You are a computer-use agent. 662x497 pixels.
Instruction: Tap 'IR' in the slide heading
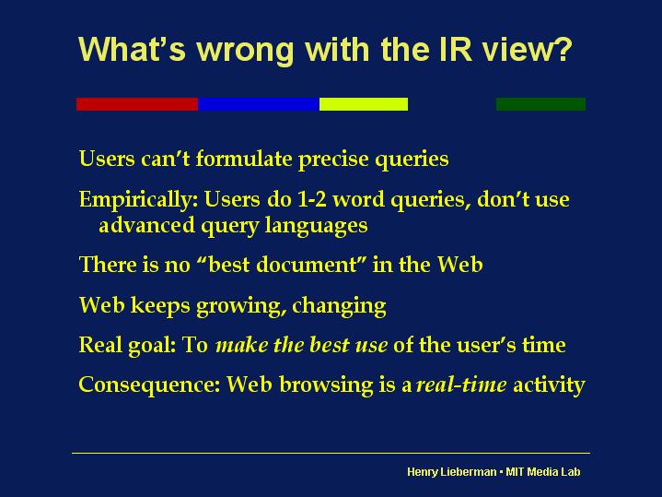pyautogui.click(x=455, y=49)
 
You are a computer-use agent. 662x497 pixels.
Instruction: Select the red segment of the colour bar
pyautogui.click(x=137, y=104)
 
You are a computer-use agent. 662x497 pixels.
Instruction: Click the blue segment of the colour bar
pyautogui.click(x=259, y=104)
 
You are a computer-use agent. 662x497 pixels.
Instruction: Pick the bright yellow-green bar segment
pyautogui.click(x=364, y=104)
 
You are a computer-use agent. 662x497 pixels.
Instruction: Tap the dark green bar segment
pyautogui.click(x=540, y=104)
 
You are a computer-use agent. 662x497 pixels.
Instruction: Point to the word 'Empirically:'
pyautogui.click(x=138, y=200)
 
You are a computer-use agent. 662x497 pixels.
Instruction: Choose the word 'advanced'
pyautogui.click(x=146, y=225)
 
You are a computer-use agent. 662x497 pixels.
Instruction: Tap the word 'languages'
pyautogui.click(x=316, y=226)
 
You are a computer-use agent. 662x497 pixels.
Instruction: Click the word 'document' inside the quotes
pyautogui.click(x=307, y=265)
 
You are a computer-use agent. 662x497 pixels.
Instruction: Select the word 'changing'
pyautogui.click(x=339, y=306)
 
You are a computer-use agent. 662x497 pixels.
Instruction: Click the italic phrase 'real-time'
pyautogui.click(x=461, y=385)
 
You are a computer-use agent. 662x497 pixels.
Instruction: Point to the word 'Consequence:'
pyautogui.click(x=149, y=385)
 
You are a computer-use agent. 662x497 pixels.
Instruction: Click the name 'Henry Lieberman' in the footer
pyautogui.click(x=452, y=471)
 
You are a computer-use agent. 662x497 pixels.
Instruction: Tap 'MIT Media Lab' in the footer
pyautogui.click(x=543, y=471)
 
